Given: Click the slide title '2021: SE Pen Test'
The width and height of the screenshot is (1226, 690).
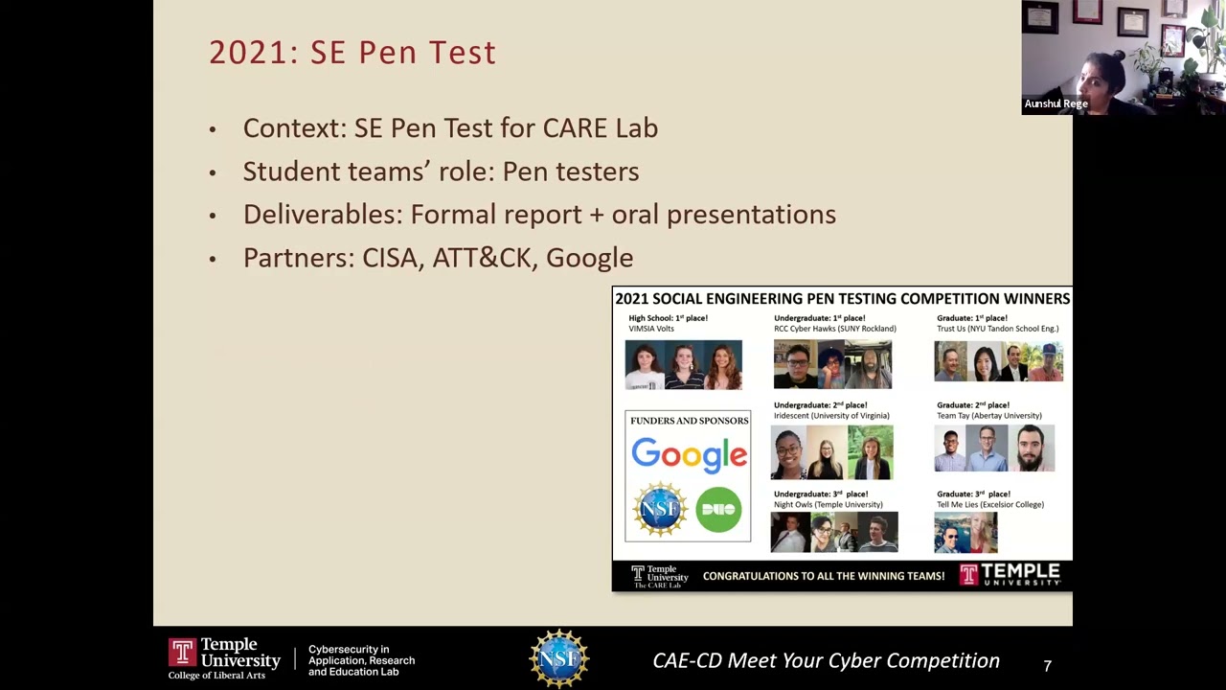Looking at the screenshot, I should pos(352,53).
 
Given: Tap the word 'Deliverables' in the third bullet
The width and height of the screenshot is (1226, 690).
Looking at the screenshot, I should pos(321,215).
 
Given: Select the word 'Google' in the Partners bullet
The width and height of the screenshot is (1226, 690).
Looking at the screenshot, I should pos(589,258).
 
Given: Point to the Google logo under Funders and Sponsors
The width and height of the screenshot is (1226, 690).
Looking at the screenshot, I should pos(689,455).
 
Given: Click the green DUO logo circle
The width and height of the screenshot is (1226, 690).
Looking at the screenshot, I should pos(718,509).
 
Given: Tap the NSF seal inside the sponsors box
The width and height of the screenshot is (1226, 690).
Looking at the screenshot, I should pos(660,509).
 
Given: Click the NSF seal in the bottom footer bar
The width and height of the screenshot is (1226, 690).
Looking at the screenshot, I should pos(559,658).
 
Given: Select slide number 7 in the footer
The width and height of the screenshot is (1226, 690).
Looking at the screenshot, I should pos(1047,665).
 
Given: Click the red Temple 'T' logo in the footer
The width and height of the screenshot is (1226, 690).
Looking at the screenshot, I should pos(182,654).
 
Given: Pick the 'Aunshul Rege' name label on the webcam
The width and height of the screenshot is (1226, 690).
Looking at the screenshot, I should pos(1056,103).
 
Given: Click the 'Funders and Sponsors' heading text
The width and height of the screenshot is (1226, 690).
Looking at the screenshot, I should pos(689,421).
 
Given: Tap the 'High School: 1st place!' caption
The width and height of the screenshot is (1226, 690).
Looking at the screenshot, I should pos(668,318).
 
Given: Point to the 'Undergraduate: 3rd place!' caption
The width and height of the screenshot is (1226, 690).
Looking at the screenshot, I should pos(821,494).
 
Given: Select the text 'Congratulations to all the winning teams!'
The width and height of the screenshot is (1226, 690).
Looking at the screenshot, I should pos(824,576).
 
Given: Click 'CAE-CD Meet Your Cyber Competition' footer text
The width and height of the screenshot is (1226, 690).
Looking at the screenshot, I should pos(826,660).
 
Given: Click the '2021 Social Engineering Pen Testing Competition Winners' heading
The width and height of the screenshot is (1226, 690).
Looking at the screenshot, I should pos(842,299).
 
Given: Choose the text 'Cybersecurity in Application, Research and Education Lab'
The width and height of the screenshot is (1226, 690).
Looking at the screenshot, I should pos(361,660).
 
